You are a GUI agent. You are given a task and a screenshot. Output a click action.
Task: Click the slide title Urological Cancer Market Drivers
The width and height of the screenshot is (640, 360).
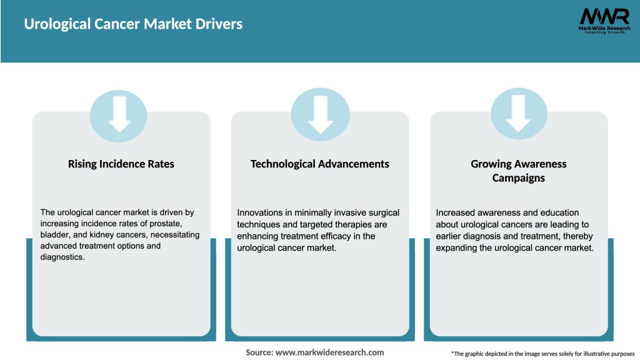coord(133,24)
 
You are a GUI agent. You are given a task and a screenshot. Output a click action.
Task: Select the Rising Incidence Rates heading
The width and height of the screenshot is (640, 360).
coord(121,164)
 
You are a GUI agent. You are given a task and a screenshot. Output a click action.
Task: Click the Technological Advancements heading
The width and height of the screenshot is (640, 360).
coord(319,164)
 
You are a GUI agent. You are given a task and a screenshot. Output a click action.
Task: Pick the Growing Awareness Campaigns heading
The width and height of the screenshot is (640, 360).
coord(518,171)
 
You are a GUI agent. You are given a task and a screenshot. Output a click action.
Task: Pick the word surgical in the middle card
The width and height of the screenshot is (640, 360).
coord(381,213)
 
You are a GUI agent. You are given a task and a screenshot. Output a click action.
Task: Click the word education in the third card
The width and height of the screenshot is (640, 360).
coord(561,213)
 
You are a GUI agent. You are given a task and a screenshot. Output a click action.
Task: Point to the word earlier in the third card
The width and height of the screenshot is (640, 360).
coord(451,235)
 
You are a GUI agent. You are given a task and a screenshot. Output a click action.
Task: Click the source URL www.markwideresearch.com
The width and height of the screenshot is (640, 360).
coord(329,352)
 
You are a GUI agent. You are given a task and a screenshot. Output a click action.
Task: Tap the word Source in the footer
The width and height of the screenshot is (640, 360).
coord(259,352)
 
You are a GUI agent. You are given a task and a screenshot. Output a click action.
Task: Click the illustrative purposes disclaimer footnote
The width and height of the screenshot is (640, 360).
coord(542,354)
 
